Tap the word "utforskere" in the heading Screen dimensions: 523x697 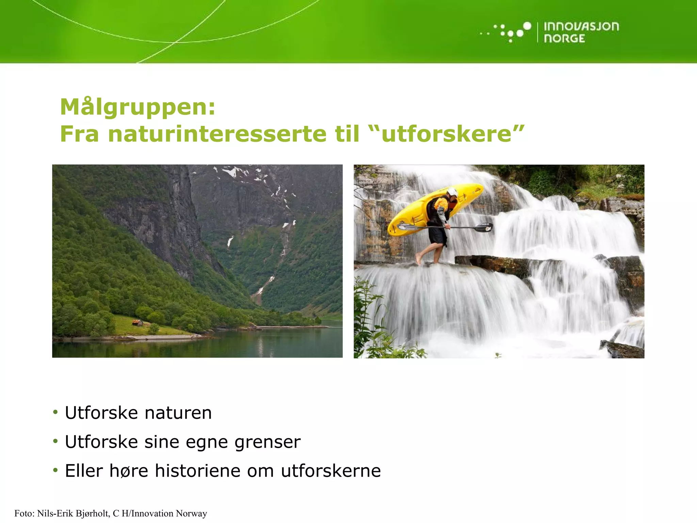[x=446, y=134]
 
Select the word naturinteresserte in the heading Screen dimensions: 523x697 [x=217, y=134]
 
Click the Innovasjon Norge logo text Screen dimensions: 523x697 [x=581, y=32]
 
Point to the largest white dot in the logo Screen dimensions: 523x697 [x=527, y=26]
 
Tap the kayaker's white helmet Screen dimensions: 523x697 [x=452, y=192]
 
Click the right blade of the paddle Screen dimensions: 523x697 [x=484, y=227]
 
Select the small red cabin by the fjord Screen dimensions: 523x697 [x=137, y=322]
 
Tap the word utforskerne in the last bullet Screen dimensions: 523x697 [x=330, y=471]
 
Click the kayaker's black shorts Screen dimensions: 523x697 [x=437, y=235]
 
